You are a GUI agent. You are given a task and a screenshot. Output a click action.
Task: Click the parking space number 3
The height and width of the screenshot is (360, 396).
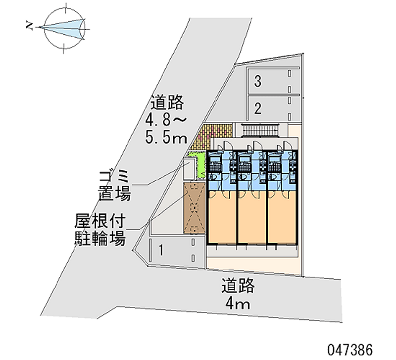tap(257, 82)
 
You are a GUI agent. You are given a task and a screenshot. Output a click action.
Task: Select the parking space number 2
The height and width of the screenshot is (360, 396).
tap(257, 107)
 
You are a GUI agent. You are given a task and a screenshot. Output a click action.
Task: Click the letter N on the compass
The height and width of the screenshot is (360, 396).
tap(30, 26)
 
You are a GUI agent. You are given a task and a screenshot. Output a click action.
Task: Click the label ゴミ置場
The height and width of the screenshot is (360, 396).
tap(114, 185)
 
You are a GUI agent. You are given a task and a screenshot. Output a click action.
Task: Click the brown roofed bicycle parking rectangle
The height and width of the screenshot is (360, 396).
tap(194, 208)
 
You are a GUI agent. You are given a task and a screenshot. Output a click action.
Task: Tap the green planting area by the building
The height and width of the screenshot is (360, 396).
tap(201, 165)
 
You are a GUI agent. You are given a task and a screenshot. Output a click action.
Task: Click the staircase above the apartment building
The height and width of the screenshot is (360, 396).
tap(259, 131)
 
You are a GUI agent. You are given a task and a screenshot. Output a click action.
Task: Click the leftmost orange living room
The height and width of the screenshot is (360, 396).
tap(222, 218)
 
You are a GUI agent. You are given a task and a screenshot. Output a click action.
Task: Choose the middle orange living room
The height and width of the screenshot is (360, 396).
tap(252, 218)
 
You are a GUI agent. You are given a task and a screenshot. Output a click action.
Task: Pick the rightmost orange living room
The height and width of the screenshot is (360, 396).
tap(282, 218)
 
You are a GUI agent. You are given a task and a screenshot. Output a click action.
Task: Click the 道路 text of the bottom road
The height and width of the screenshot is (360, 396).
tap(238, 286)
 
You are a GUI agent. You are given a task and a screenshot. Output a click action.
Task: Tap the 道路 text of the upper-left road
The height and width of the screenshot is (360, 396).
tap(168, 103)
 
